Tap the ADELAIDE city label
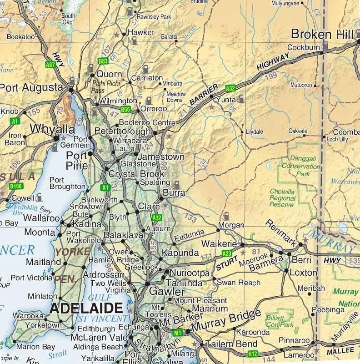pos(86,308)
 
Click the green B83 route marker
pos(103,61)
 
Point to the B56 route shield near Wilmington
pos(126,109)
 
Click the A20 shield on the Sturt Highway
pos(227,253)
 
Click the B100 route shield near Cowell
pos(16,186)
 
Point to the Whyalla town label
pos(52,128)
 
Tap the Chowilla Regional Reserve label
pos(282,198)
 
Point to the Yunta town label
pos(226,99)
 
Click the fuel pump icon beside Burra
pos(177,185)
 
